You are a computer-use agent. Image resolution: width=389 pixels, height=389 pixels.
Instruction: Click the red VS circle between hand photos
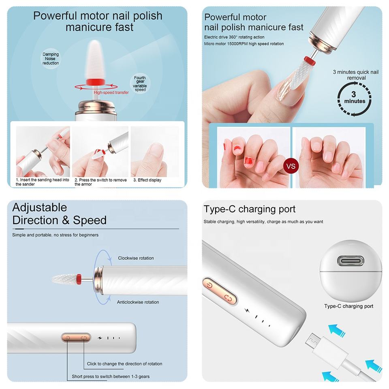(x=291, y=166)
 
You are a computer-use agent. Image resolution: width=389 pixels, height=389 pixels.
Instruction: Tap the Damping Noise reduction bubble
(x=51, y=58)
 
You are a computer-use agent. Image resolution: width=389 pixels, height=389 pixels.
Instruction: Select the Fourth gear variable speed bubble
(x=140, y=83)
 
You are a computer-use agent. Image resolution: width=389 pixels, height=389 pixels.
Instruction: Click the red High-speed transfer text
(x=111, y=92)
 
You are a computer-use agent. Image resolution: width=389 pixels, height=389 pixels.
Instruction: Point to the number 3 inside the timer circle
(x=353, y=94)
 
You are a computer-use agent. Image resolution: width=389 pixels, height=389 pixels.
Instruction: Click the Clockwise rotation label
(x=136, y=258)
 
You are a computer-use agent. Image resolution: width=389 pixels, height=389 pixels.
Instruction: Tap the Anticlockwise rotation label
(x=138, y=302)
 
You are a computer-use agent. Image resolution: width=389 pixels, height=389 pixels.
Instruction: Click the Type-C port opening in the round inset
(x=351, y=261)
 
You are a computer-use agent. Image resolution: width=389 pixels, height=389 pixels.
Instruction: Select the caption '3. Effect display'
(x=147, y=180)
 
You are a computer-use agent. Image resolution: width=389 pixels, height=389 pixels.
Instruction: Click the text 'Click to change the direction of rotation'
(x=124, y=364)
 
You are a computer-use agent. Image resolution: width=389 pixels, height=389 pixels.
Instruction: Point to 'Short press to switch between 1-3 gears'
(x=111, y=376)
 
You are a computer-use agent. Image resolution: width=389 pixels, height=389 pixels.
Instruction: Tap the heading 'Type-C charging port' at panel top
(x=249, y=209)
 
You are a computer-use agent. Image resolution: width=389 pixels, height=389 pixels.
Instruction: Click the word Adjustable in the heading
(x=40, y=207)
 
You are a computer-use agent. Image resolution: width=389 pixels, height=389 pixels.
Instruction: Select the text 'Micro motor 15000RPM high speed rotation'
(x=244, y=44)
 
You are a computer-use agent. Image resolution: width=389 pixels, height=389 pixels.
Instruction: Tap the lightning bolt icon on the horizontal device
(x=100, y=338)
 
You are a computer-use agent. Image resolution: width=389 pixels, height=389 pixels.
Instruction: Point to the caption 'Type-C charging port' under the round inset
(x=348, y=306)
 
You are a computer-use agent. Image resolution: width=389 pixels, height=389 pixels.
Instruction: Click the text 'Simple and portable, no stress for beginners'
(x=56, y=235)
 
